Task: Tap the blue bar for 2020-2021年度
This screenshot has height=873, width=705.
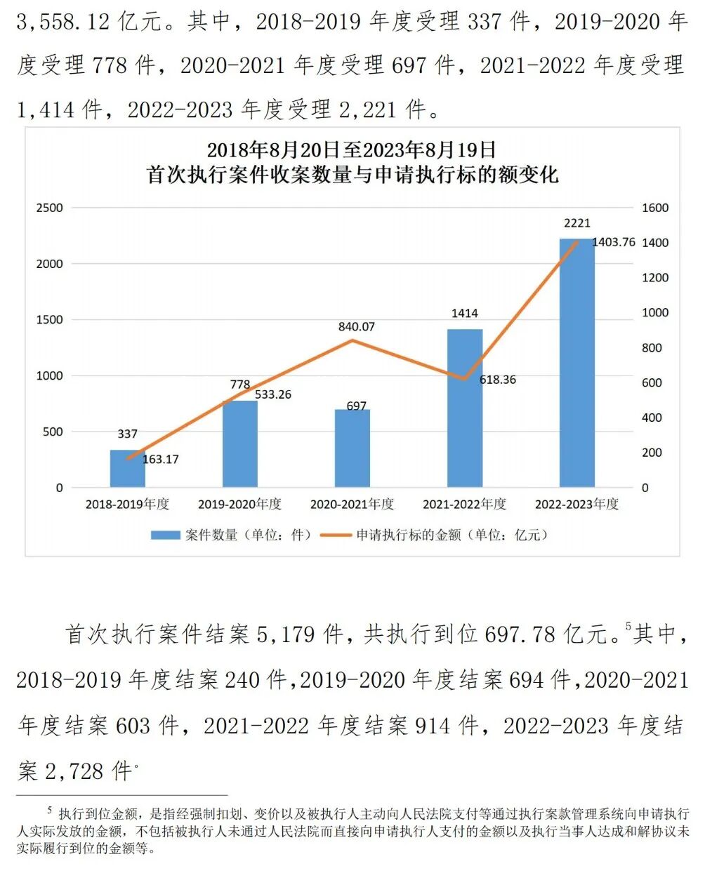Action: pyautogui.click(x=352, y=449)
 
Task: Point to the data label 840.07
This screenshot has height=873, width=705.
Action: pyautogui.click(x=356, y=326)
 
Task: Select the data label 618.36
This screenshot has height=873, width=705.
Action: pyautogui.click(x=497, y=380)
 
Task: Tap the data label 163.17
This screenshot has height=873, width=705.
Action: pyautogui.click(x=160, y=460)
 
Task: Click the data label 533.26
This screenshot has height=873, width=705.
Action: pyautogui.click(x=272, y=394)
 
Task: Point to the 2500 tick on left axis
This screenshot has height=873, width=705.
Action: pyautogui.click(x=49, y=208)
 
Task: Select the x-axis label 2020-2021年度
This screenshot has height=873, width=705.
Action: pyautogui.click(x=352, y=505)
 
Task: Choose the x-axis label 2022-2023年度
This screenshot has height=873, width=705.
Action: pyautogui.click(x=576, y=505)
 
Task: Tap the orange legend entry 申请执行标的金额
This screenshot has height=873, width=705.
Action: pyautogui.click(x=434, y=535)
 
